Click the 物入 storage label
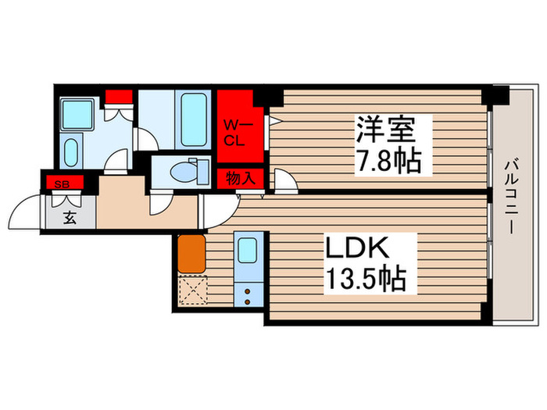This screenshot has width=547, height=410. (x=240, y=179)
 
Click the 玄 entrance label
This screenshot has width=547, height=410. (x=70, y=218)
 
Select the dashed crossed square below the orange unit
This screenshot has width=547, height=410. (x=191, y=291)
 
